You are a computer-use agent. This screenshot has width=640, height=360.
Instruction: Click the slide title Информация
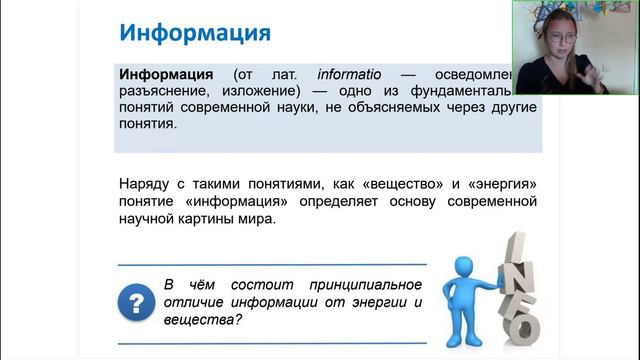195,32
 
